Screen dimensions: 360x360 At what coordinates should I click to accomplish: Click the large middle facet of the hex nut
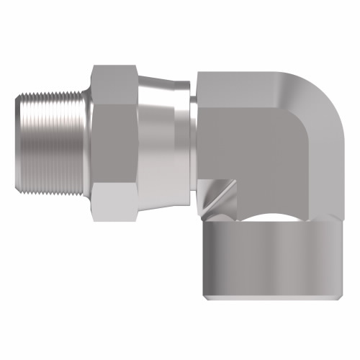pos(115,144)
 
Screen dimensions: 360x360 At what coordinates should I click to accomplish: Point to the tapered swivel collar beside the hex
pos(162,144)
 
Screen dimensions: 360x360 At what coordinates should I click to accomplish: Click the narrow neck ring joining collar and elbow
pos(193,144)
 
